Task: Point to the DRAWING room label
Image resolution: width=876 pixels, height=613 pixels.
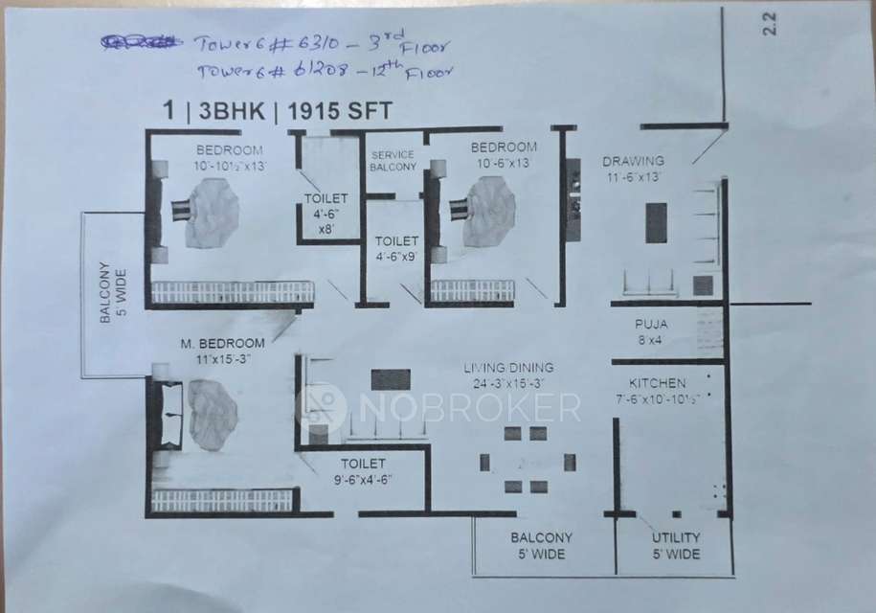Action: click(x=633, y=161)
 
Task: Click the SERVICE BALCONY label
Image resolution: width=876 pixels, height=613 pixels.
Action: click(x=393, y=160)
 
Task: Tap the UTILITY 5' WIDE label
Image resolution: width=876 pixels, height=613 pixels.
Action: click(x=676, y=546)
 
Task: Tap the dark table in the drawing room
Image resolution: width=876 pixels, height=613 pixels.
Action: click(x=656, y=223)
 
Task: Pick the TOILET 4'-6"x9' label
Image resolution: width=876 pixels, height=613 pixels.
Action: click(x=394, y=249)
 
